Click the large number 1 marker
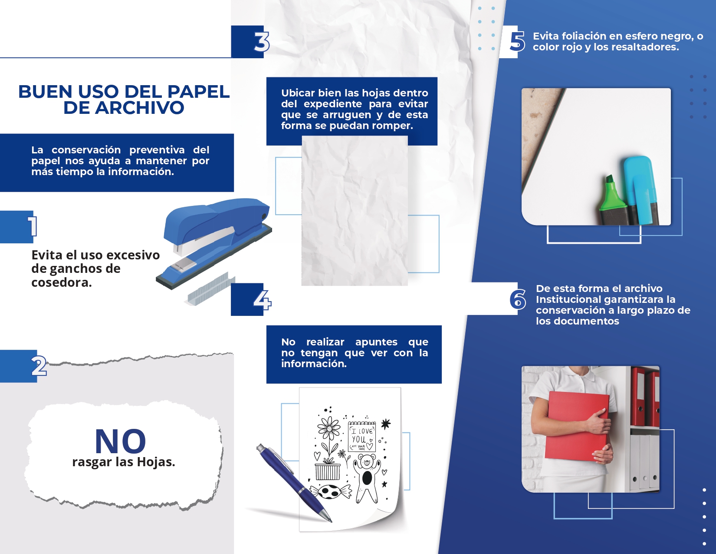coord(32,226)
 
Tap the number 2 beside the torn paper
coord(39,365)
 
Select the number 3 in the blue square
coord(262,42)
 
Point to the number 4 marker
coord(262,300)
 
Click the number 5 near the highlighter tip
coord(517,42)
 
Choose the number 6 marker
coord(518,299)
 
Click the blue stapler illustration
coord(214,242)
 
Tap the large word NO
coord(120,441)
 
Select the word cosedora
coord(61,282)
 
